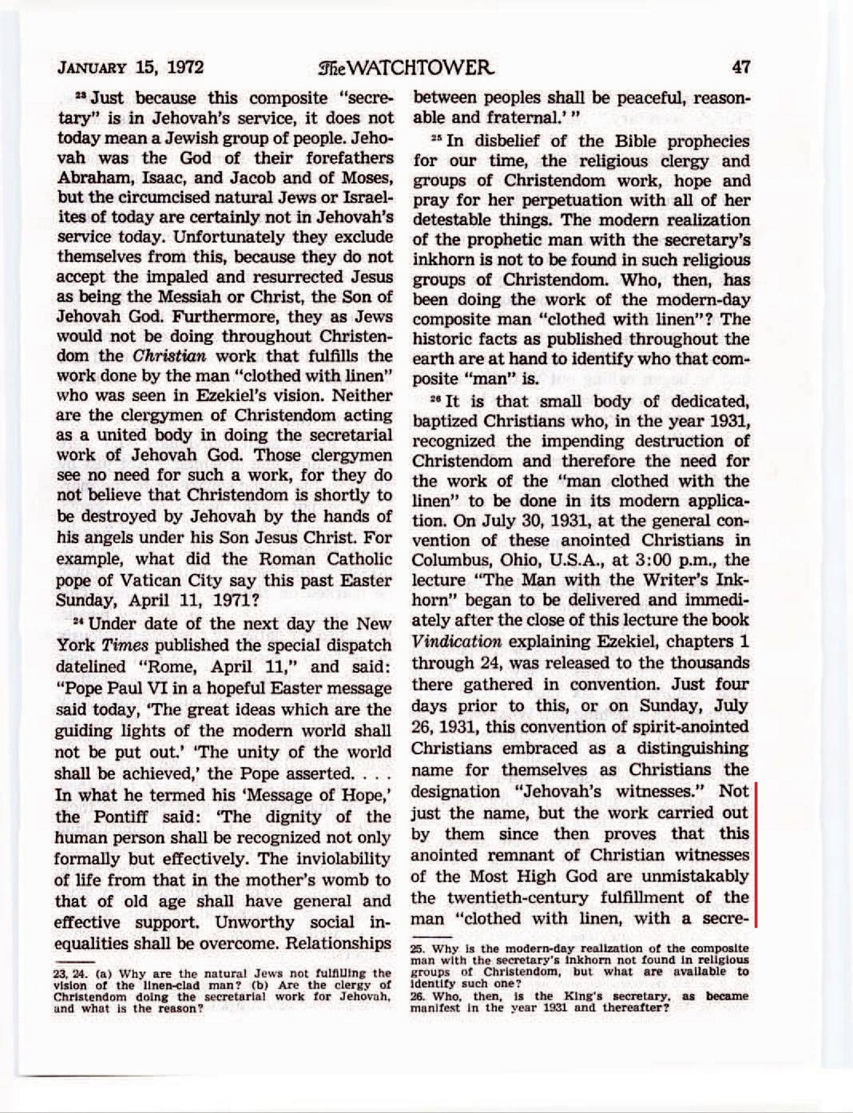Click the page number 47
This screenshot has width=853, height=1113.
[x=741, y=67]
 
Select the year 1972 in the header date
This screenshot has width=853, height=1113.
[x=185, y=68]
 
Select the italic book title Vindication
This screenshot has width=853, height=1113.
[x=456, y=642]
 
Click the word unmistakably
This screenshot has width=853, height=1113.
[x=695, y=876]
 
